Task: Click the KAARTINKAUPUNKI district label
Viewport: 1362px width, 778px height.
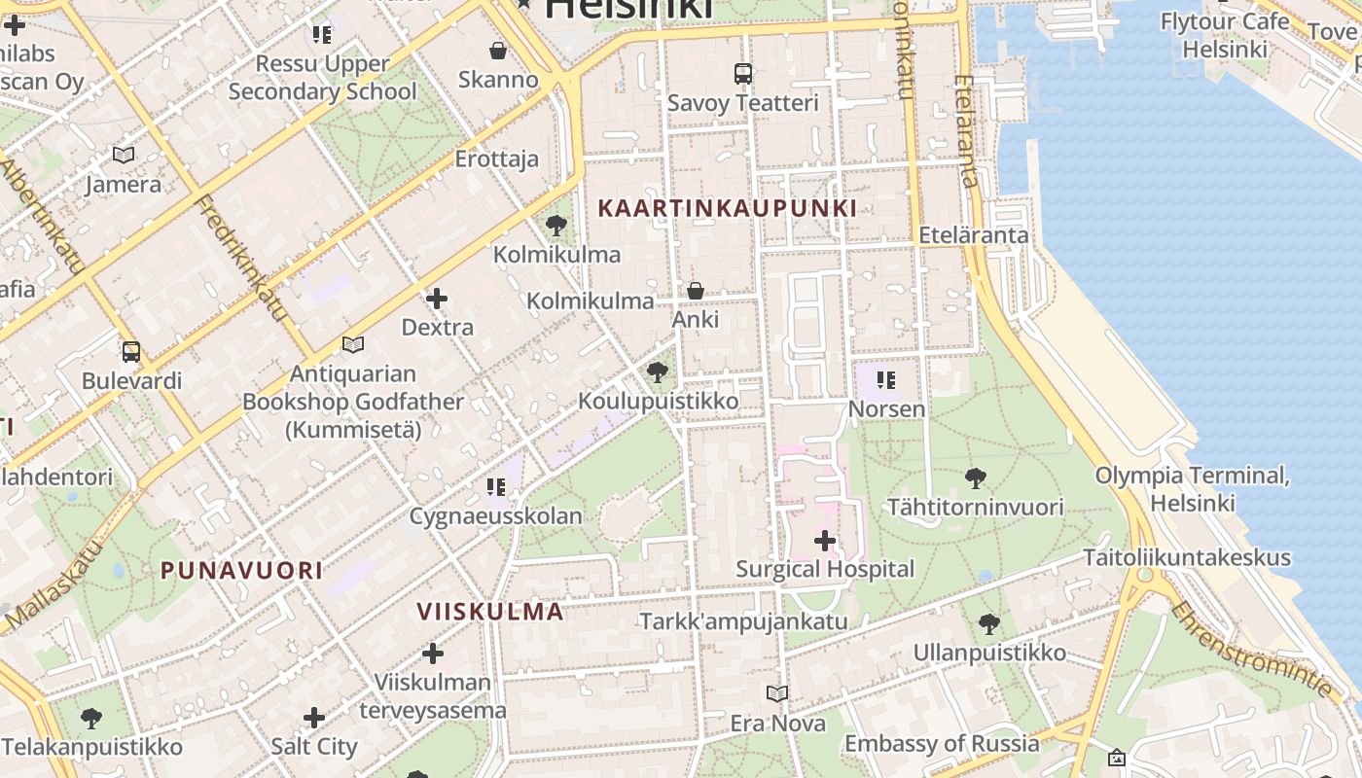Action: [727, 208]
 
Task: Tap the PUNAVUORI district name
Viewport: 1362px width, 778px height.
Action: [241, 571]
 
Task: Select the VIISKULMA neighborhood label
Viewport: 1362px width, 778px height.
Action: [490, 612]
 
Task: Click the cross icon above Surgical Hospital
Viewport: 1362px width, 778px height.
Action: [825, 541]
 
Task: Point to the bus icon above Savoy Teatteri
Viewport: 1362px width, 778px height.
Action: [743, 73]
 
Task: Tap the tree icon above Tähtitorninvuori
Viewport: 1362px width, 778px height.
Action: [975, 478]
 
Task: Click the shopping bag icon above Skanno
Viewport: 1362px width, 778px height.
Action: [498, 51]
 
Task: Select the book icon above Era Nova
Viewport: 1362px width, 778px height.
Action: [777, 694]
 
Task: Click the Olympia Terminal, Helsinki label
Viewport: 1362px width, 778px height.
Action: [1192, 489]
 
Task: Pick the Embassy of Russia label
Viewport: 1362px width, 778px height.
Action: [942, 744]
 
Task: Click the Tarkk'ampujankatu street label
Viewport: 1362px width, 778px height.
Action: [743, 621]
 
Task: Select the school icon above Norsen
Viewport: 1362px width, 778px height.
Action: [885, 379]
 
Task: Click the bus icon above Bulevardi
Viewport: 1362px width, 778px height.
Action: [131, 352]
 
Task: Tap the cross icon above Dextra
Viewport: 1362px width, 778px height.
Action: [437, 299]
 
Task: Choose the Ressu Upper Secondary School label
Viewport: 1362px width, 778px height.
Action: [322, 78]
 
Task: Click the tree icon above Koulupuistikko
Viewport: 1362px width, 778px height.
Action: [658, 372]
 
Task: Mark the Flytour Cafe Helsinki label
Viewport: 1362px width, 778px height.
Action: [1225, 35]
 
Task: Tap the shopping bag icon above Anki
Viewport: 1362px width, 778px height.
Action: [696, 291]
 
